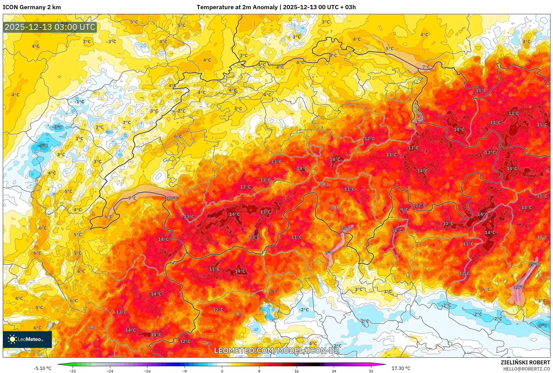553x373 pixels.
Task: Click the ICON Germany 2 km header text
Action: [x=32, y=7]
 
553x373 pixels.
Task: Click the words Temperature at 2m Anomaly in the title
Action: [x=237, y=7]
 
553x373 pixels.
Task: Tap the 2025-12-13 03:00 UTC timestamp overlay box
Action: [x=50, y=27]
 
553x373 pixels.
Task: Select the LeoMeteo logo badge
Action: [x=27, y=339]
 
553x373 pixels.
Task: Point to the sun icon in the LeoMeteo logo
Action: [x=12, y=339]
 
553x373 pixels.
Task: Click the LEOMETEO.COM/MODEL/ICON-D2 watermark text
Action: [x=276, y=350]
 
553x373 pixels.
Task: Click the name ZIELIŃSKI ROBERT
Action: [x=525, y=362]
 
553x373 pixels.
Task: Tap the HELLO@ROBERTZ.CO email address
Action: [x=526, y=369]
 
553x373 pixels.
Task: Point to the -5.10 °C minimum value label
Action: [x=43, y=368]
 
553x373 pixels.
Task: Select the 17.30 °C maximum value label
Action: [x=401, y=368]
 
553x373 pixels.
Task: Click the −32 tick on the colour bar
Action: [x=73, y=371]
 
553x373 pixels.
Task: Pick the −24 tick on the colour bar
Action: [x=110, y=371]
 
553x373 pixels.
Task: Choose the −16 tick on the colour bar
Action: [x=147, y=371]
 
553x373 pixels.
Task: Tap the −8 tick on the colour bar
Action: [x=185, y=371]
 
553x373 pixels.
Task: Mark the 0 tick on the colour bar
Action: [x=222, y=371]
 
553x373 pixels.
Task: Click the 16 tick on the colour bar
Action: [x=297, y=371]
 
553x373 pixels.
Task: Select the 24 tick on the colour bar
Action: [x=334, y=371]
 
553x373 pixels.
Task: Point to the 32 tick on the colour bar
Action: [x=371, y=371]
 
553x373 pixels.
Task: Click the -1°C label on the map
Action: [x=80, y=102]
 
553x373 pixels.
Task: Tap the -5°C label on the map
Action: [x=43, y=146]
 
